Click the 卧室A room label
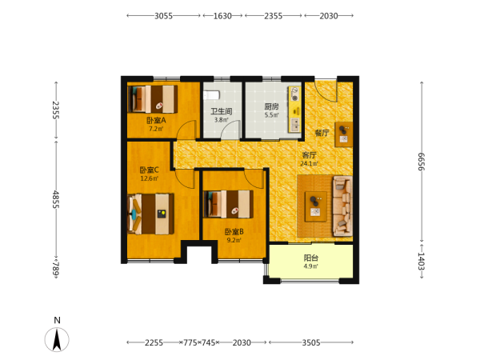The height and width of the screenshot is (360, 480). pyautogui.click(x=156, y=120)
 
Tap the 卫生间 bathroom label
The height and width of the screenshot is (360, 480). pyautogui.click(x=222, y=111)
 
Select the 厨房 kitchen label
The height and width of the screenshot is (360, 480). pyautogui.click(x=271, y=107)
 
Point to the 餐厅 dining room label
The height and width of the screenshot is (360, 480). pyautogui.click(x=322, y=133)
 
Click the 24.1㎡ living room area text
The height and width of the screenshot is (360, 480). pyautogui.click(x=309, y=163)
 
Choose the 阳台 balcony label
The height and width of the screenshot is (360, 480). pyautogui.click(x=310, y=258)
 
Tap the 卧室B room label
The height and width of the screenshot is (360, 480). pyautogui.click(x=234, y=232)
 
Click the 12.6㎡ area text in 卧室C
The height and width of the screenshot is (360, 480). pyautogui.click(x=149, y=178)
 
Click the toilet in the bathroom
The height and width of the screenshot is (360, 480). pyautogui.click(x=212, y=95)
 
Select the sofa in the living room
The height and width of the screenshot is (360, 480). pyautogui.click(x=342, y=206)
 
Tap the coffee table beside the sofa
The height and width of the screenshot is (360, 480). pyautogui.click(x=316, y=206)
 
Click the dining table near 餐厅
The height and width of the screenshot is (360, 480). pyautogui.click(x=343, y=134)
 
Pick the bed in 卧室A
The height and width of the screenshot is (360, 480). pyautogui.click(x=153, y=99)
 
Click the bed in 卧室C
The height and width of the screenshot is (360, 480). pyautogui.click(x=150, y=214)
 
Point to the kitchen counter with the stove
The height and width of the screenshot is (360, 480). pyautogui.click(x=294, y=110)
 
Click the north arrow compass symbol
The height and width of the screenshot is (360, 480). pyautogui.click(x=57, y=339)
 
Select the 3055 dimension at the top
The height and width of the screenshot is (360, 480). pyautogui.click(x=163, y=16)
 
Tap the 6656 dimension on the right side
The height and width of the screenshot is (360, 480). pyautogui.click(x=422, y=162)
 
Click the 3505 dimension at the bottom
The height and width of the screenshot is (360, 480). pyautogui.click(x=311, y=342)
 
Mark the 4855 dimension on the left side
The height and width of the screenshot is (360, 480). pyautogui.click(x=56, y=199)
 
